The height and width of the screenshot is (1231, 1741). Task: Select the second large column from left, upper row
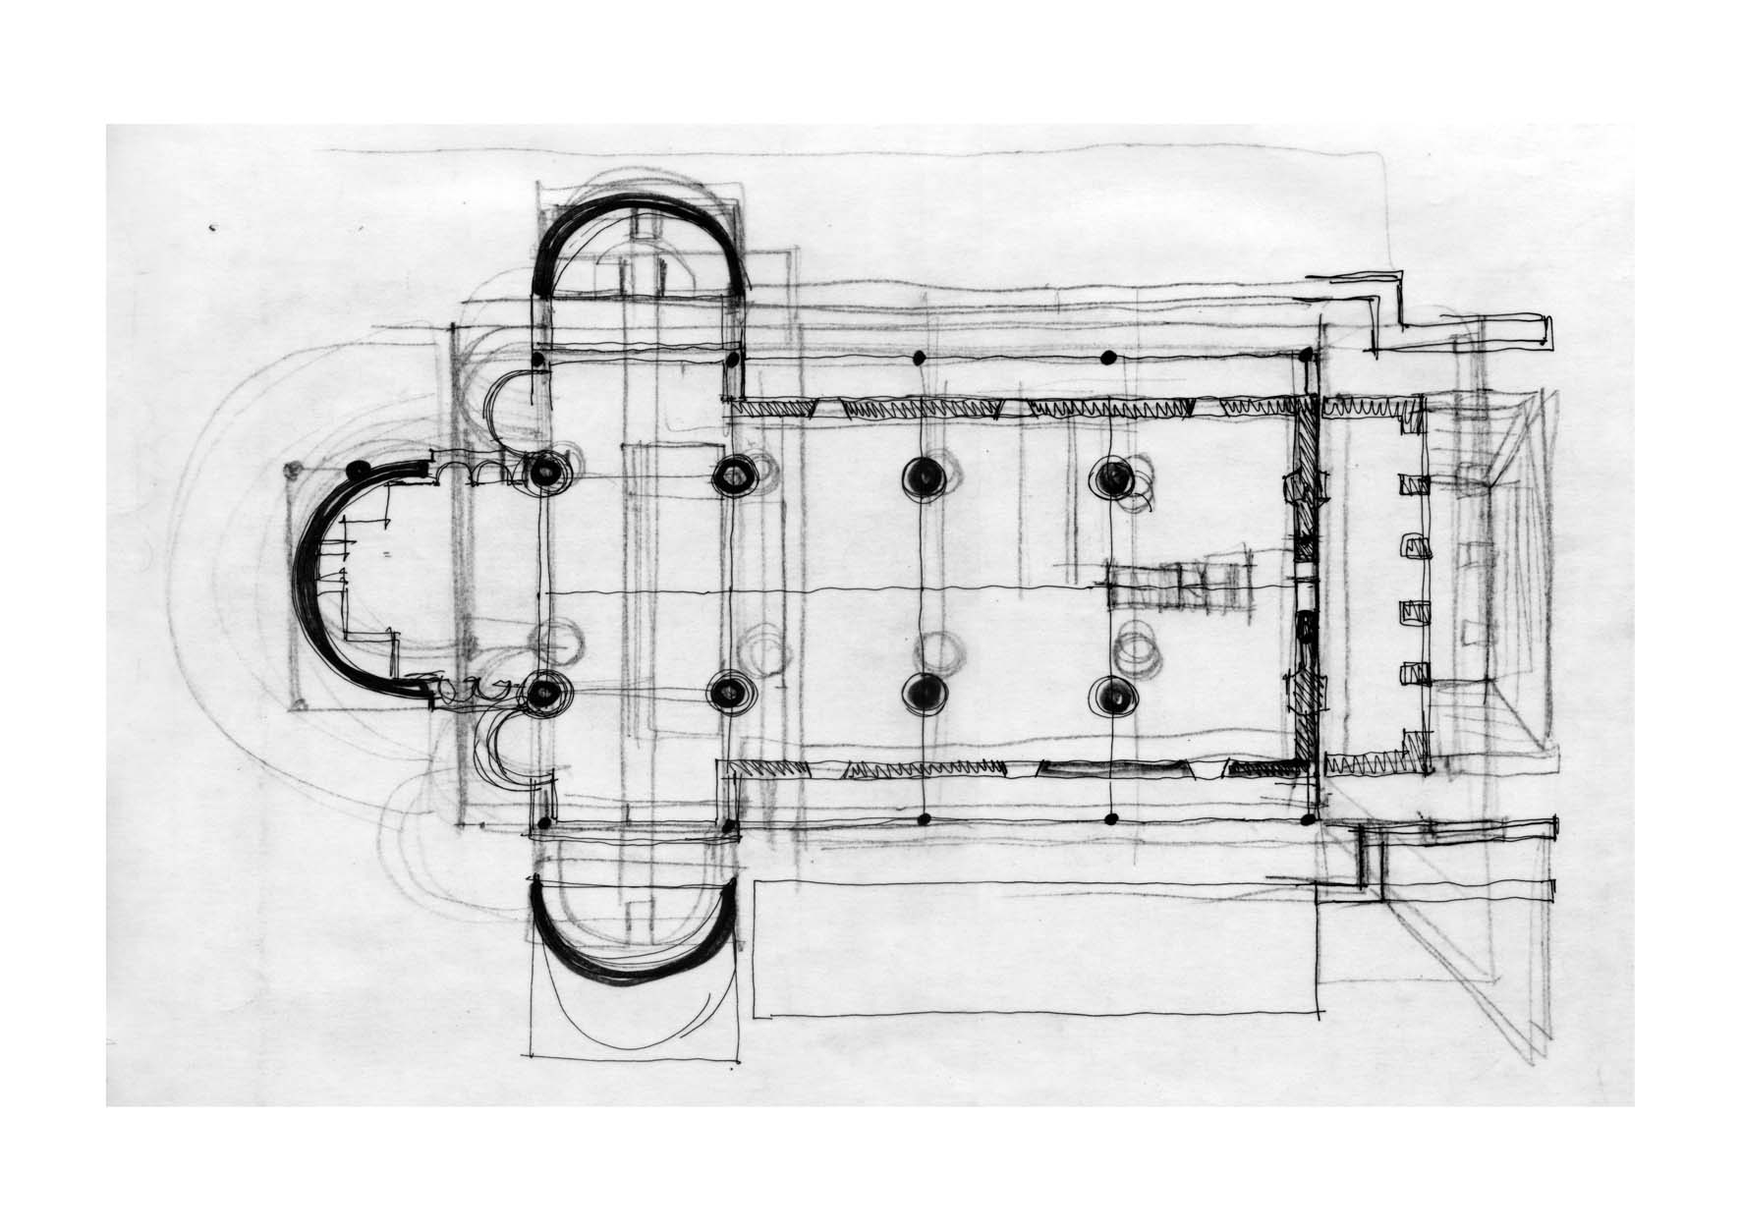tap(732, 476)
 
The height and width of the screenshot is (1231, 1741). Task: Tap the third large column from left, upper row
tap(924, 476)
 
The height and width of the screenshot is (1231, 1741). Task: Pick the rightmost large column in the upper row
tap(1113, 477)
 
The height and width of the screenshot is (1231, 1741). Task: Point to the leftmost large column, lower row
tap(541, 693)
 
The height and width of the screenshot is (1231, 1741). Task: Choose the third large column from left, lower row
tap(922, 695)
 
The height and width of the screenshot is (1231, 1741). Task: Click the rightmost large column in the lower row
tap(1114, 696)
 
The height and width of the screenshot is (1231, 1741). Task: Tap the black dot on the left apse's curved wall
tap(360, 470)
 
